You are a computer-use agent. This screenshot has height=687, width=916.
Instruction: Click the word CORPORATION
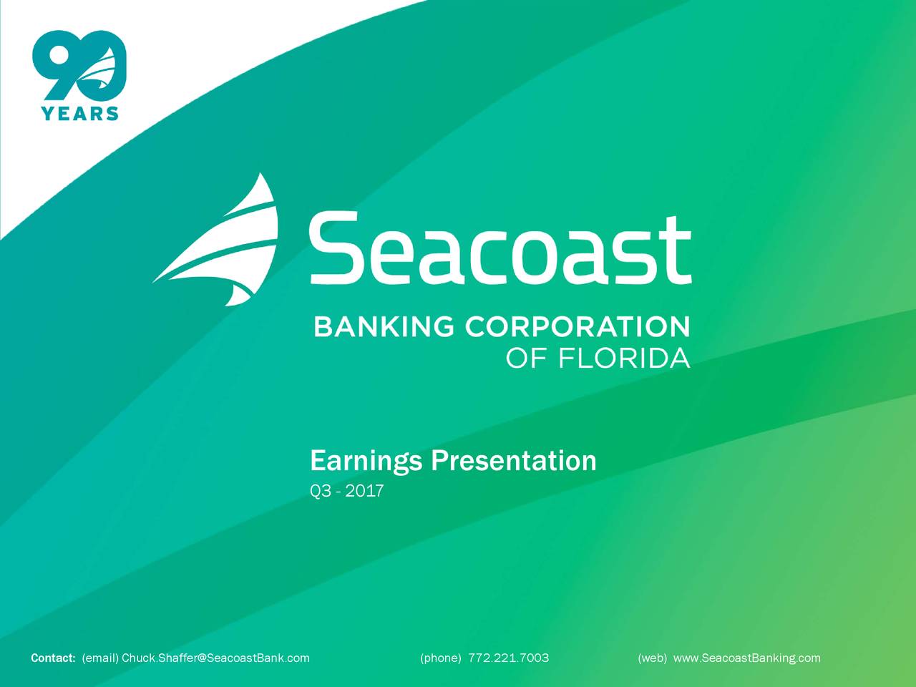click(x=578, y=326)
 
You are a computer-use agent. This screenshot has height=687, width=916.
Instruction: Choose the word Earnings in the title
click(x=366, y=461)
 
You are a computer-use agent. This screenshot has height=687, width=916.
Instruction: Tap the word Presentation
click(x=513, y=461)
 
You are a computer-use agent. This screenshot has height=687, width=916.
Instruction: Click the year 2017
click(x=364, y=492)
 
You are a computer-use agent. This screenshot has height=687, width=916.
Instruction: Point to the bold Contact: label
click(x=53, y=658)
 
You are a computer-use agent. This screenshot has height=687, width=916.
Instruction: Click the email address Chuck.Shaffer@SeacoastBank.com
click(x=215, y=658)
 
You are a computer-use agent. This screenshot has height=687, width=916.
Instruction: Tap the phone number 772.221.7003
click(x=508, y=658)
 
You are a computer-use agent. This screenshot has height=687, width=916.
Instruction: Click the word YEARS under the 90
click(x=80, y=113)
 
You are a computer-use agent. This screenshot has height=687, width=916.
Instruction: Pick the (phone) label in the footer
click(x=440, y=658)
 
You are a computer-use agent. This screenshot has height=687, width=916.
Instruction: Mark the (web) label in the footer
click(x=652, y=658)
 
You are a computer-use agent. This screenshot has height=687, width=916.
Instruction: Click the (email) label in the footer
click(x=100, y=658)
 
